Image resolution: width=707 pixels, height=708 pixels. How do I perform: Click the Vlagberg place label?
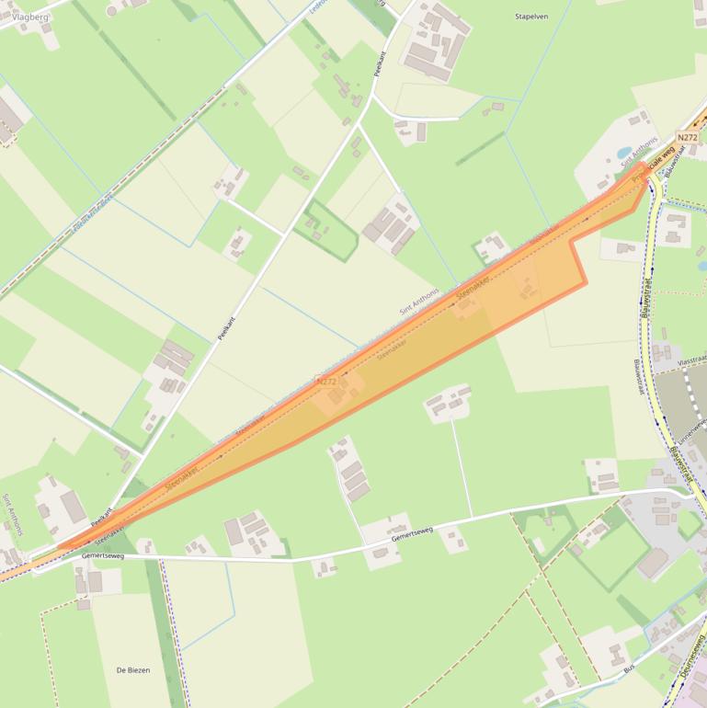(30, 17)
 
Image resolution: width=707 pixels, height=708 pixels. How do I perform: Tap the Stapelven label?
(531, 17)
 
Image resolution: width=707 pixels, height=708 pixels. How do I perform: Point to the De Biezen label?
(133, 670)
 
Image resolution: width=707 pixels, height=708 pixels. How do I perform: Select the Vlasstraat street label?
(691, 360)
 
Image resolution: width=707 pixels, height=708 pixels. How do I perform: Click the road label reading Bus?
(629, 668)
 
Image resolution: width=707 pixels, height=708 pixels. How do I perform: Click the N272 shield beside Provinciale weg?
(687, 138)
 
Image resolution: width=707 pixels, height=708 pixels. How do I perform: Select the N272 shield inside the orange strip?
(326, 381)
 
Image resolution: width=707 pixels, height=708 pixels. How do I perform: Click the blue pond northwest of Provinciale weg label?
(624, 153)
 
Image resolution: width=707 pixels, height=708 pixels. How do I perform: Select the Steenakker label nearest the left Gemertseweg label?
(108, 531)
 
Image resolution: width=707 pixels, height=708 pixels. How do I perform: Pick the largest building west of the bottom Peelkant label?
(73, 507)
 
